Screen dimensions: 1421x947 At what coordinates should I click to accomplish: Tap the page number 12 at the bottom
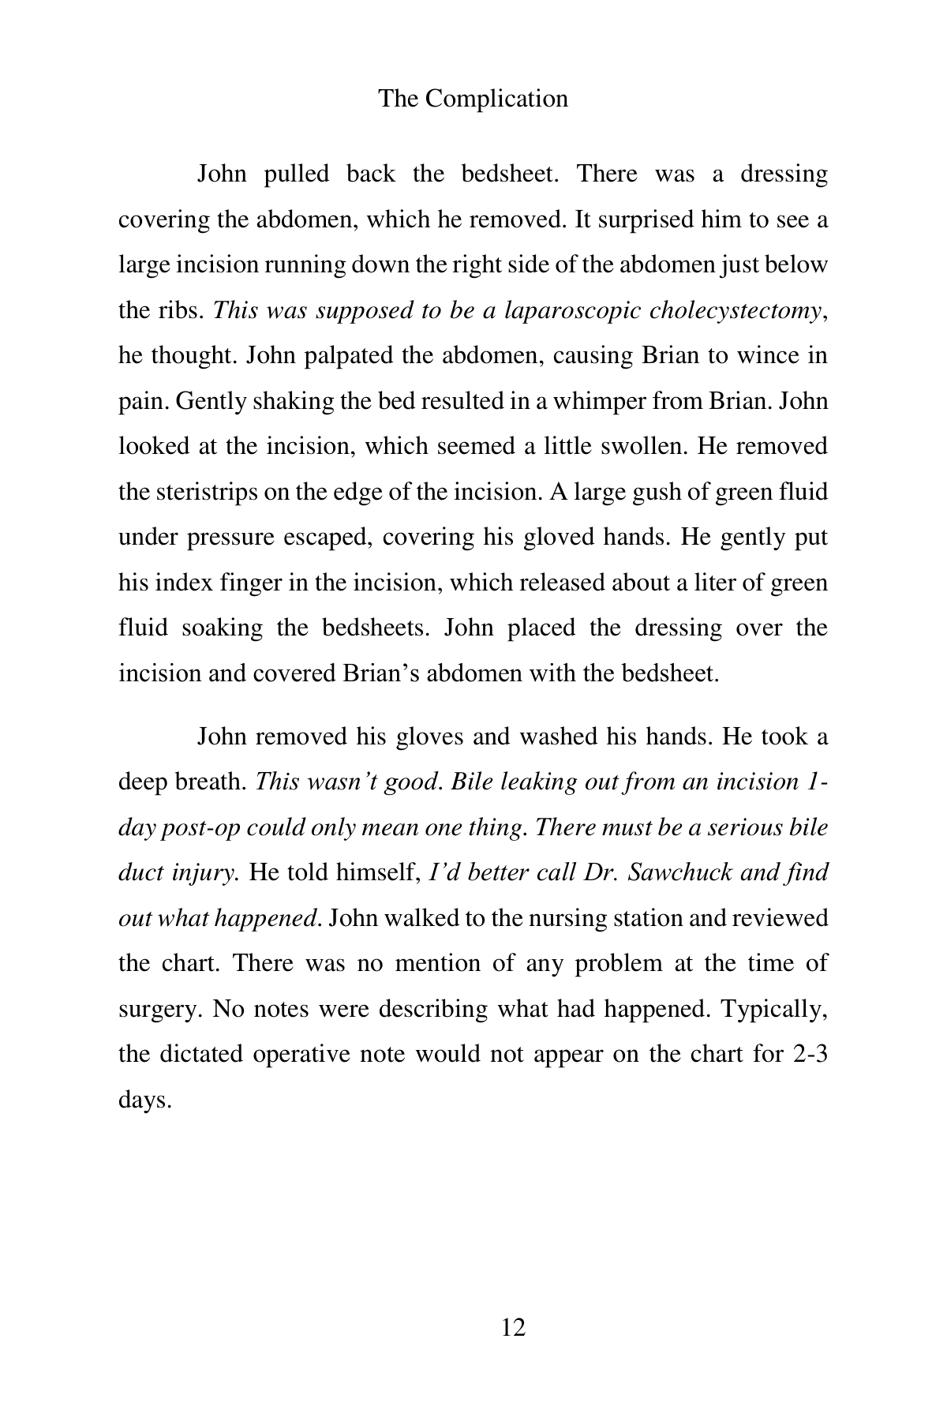pos(513,1327)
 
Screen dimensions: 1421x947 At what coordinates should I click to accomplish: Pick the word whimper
pos(597,401)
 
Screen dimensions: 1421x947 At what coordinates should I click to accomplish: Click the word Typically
pos(773,1009)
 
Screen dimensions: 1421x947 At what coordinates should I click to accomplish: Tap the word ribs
pos(185,310)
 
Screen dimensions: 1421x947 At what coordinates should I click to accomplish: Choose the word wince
pos(765,355)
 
